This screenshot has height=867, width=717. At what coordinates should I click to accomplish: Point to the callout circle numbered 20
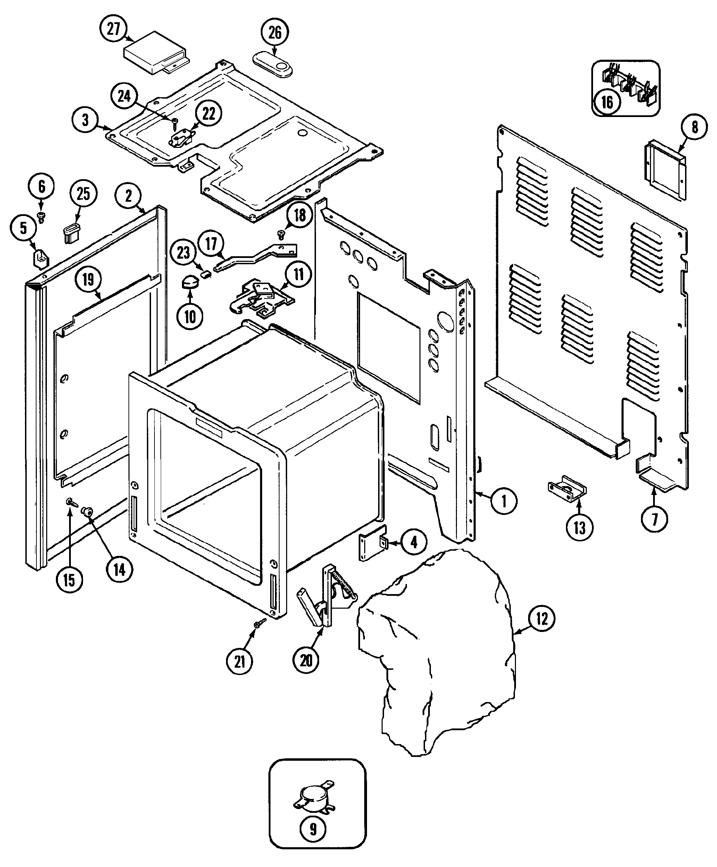[x=306, y=660]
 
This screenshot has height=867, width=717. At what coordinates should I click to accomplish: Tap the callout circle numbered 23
[x=183, y=252]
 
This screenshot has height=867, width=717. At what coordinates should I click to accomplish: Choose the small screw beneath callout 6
[x=41, y=216]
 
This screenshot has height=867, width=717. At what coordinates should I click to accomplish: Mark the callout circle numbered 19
[x=88, y=280]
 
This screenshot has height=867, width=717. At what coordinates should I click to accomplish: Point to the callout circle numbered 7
[x=654, y=519]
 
